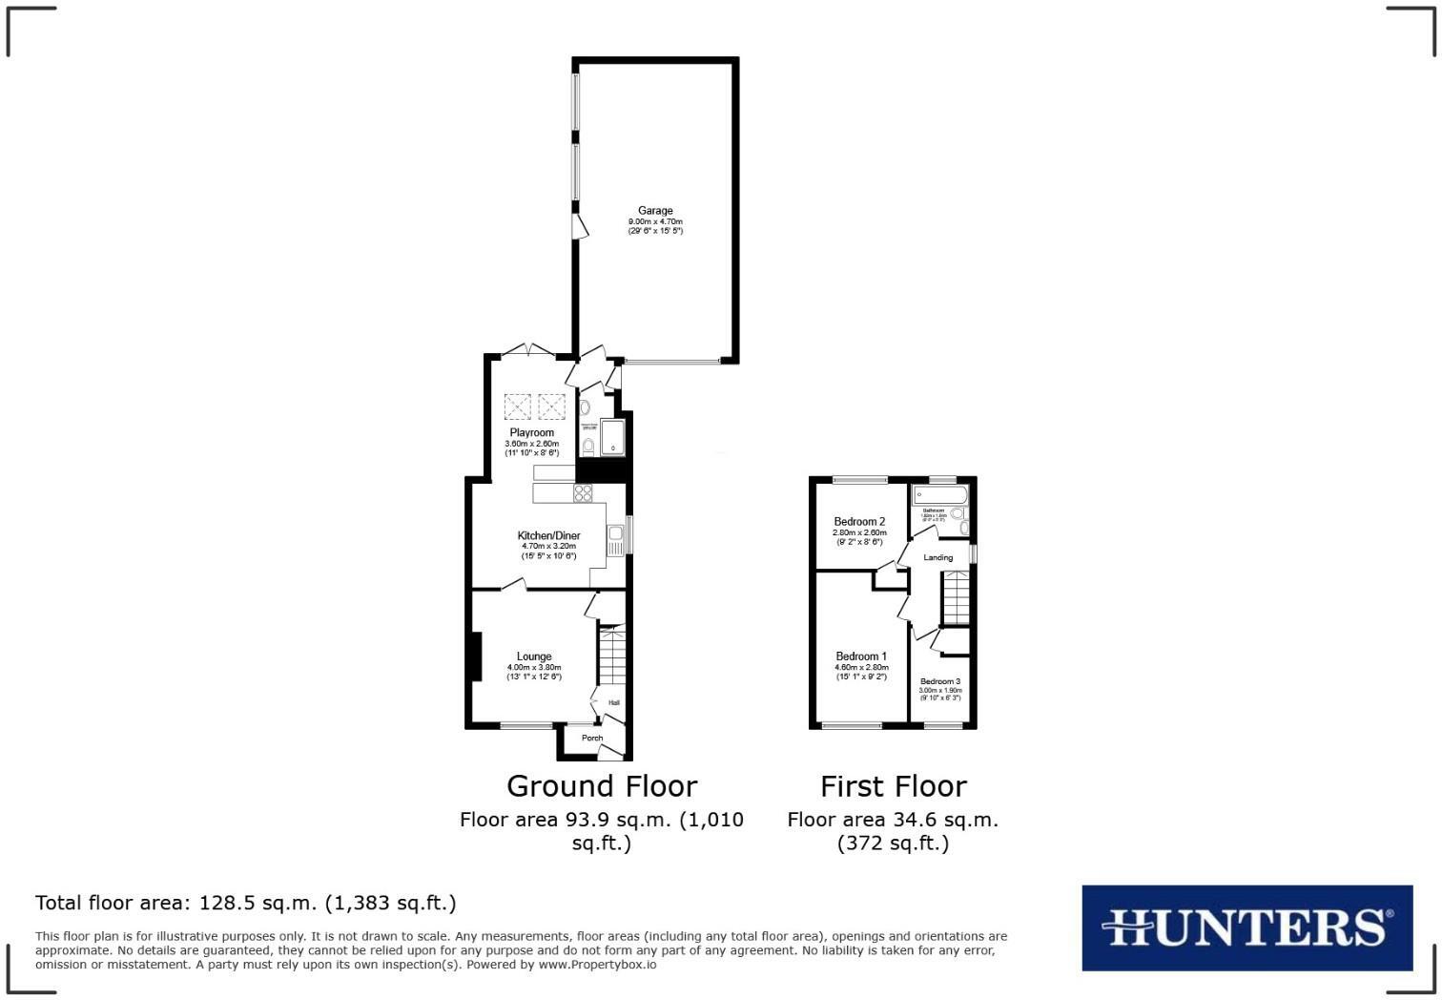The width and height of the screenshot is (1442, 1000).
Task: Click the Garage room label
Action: click(x=655, y=211)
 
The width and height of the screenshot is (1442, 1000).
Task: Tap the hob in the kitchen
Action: click(x=582, y=493)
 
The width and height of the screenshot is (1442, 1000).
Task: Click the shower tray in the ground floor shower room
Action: click(x=612, y=437)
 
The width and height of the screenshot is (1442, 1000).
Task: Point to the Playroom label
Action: click(x=531, y=432)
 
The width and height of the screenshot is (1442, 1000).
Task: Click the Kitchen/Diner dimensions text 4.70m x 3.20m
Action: click(x=548, y=546)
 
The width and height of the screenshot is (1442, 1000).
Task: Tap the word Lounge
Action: click(x=534, y=656)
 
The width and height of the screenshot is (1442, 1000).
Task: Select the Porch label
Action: click(x=592, y=738)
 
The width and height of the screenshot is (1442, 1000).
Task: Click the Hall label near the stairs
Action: click(x=614, y=703)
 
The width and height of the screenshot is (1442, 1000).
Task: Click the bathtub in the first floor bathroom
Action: click(x=939, y=495)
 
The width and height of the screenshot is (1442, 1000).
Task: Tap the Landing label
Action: click(x=937, y=557)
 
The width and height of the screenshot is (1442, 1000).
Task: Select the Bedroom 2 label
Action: click(x=859, y=522)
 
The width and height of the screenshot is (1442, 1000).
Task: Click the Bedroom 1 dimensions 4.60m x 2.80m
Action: click(x=861, y=667)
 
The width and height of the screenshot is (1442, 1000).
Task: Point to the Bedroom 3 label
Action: click(x=939, y=681)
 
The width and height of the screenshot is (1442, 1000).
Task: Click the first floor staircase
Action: click(x=956, y=596)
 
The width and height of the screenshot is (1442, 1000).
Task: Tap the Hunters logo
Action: click(x=1246, y=927)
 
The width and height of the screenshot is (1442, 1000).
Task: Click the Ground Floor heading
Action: click(x=602, y=786)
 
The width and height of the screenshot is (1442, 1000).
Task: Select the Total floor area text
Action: click(x=246, y=903)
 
